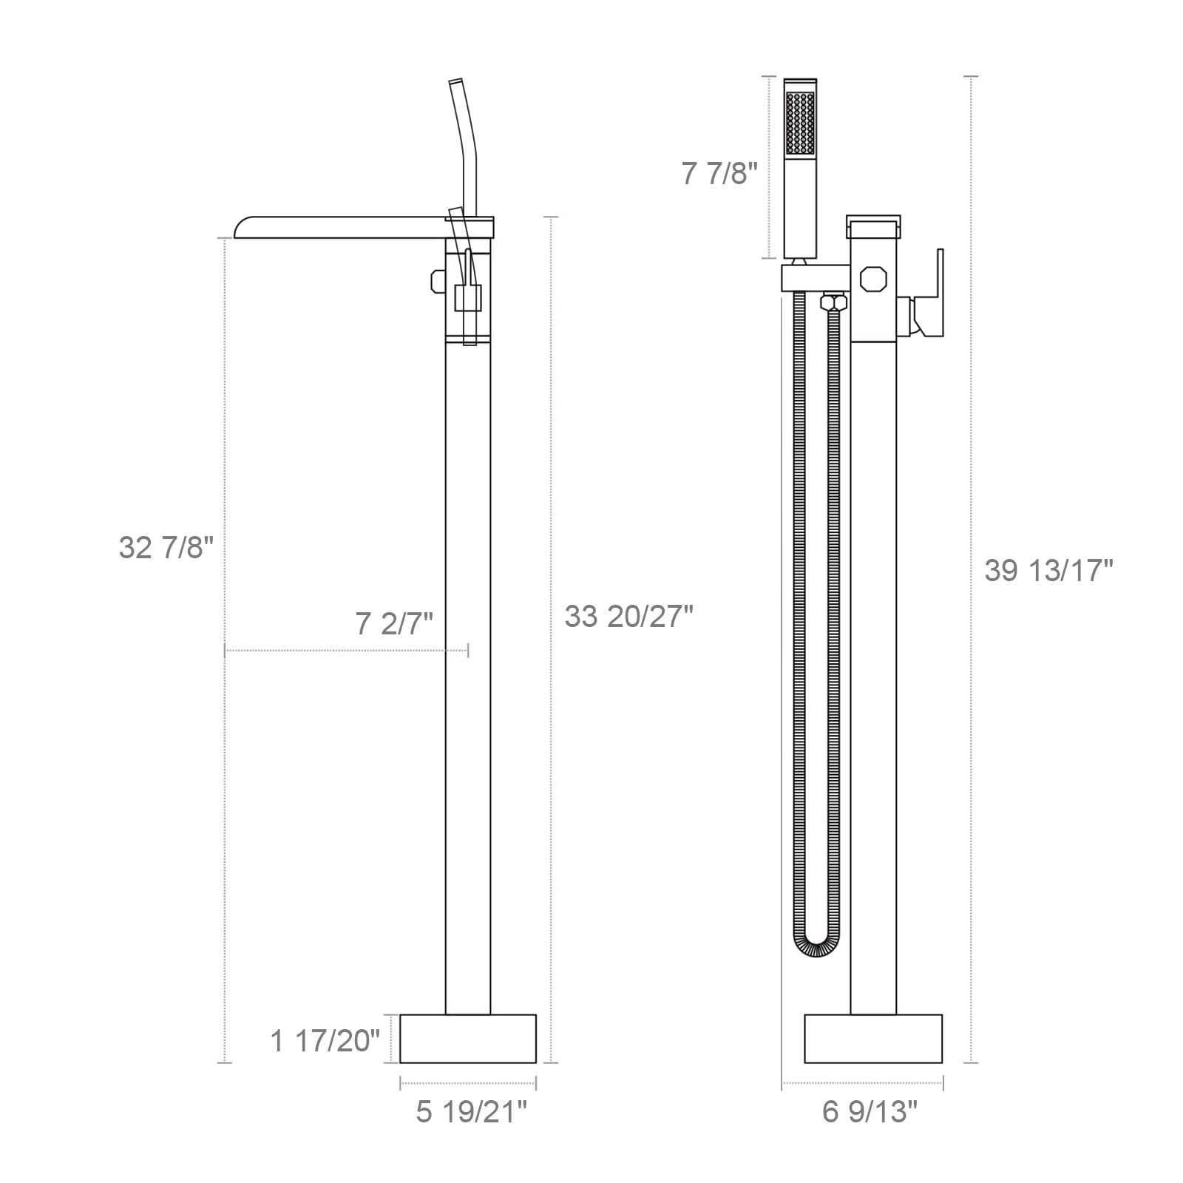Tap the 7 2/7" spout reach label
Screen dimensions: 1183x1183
coord(394,625)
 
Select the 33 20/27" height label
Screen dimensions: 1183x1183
coord(629,616)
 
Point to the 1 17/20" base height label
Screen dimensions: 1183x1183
coord(325,1041)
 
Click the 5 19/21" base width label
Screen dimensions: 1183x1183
coord(472,1112)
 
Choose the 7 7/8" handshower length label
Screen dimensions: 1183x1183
coord(720,174)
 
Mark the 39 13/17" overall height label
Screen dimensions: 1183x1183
coord(1048,570)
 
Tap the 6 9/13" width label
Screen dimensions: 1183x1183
coord(870,1112)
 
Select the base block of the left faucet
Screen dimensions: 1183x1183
coord(468,1039)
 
